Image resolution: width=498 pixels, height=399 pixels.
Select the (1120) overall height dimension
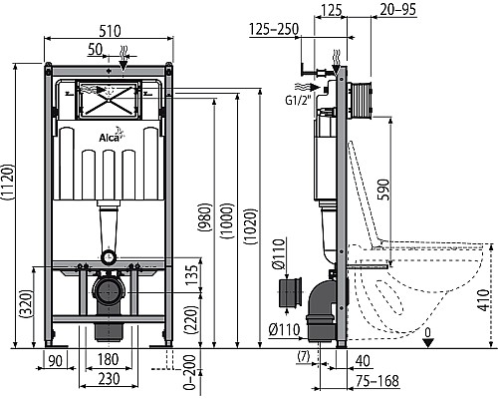(9, 210)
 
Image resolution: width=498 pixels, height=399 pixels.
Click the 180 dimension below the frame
(110, 360)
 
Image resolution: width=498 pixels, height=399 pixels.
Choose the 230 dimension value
(110, 380)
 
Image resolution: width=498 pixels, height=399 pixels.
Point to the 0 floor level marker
(427, 330)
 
